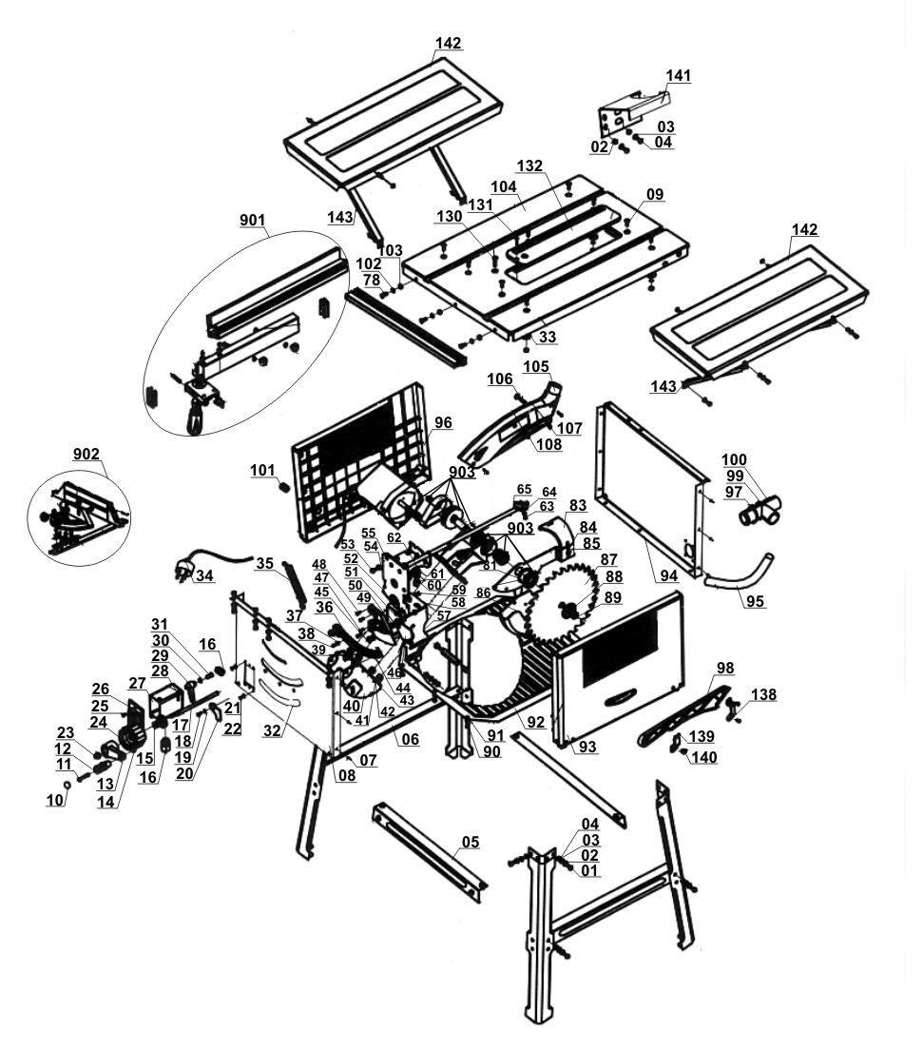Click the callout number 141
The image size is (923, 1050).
[x=678, y=75]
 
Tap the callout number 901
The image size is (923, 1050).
[x=252, y=221]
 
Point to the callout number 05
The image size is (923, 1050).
[x=470, y=842]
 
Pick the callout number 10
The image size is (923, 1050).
[x=54, y=801]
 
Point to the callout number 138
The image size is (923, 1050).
[x=763, y=695]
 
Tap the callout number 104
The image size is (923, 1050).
[x=503, y=186]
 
